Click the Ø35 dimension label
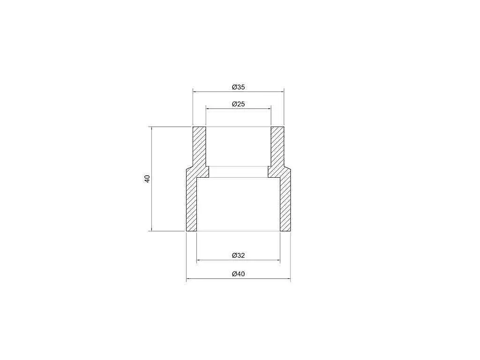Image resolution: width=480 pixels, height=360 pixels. (239, 87)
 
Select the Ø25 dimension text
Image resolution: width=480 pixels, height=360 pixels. (239, 104)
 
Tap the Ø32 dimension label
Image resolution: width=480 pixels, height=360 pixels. (239, 255)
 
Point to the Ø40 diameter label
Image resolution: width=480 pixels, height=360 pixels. (239, 274)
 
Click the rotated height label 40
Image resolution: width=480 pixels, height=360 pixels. (147, 179)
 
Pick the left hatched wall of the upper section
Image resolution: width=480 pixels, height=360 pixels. (199, 146)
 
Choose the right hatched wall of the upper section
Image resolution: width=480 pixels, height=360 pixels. (277, 146)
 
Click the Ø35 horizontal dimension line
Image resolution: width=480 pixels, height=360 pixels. (239, 91)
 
